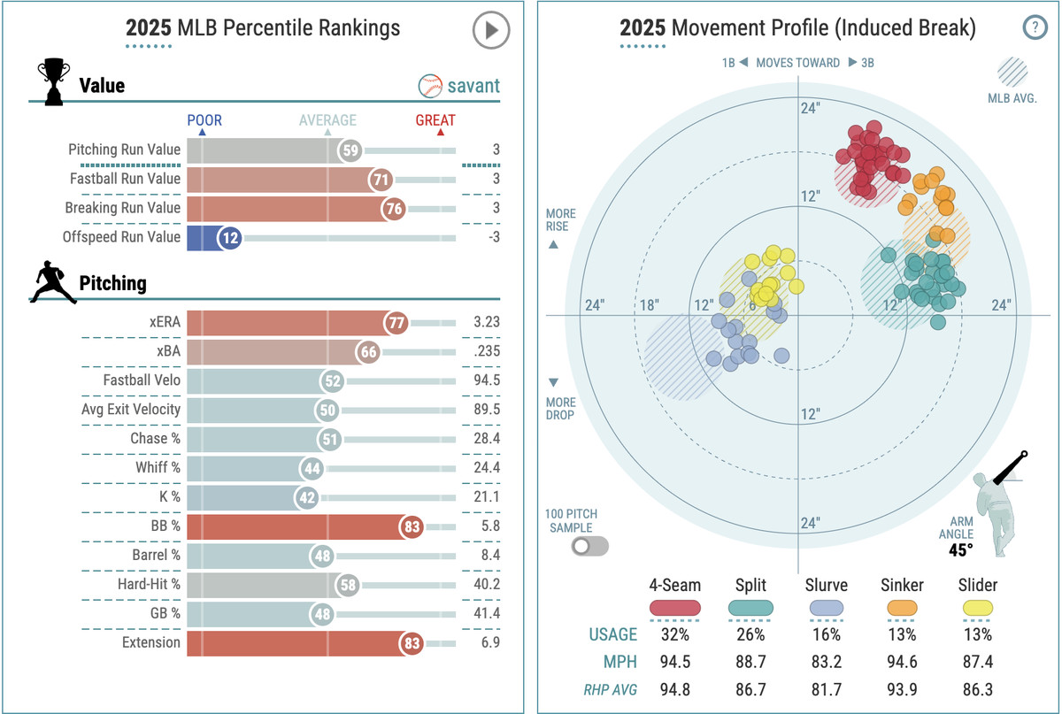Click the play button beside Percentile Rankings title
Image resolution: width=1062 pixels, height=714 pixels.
(x=490, y=30)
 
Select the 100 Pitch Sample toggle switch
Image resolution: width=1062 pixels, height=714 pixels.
(x=590, y=546)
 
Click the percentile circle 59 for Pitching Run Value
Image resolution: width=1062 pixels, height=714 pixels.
(x=350, y=150)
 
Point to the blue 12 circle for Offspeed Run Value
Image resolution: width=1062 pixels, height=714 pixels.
(x=229, y=237)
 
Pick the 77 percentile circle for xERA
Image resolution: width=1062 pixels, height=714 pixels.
(x=396, y=323)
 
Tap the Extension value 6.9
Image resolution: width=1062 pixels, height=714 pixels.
(x=489, y=643)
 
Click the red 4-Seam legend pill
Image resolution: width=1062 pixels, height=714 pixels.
(x=674, y=608)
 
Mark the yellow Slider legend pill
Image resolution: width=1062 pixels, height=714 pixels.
(x=977, y=608)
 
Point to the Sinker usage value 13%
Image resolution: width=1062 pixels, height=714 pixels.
(x=902, y=634)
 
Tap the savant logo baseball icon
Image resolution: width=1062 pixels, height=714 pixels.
(x=430, y=86)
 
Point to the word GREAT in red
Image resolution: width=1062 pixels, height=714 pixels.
(x=435, y=120)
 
